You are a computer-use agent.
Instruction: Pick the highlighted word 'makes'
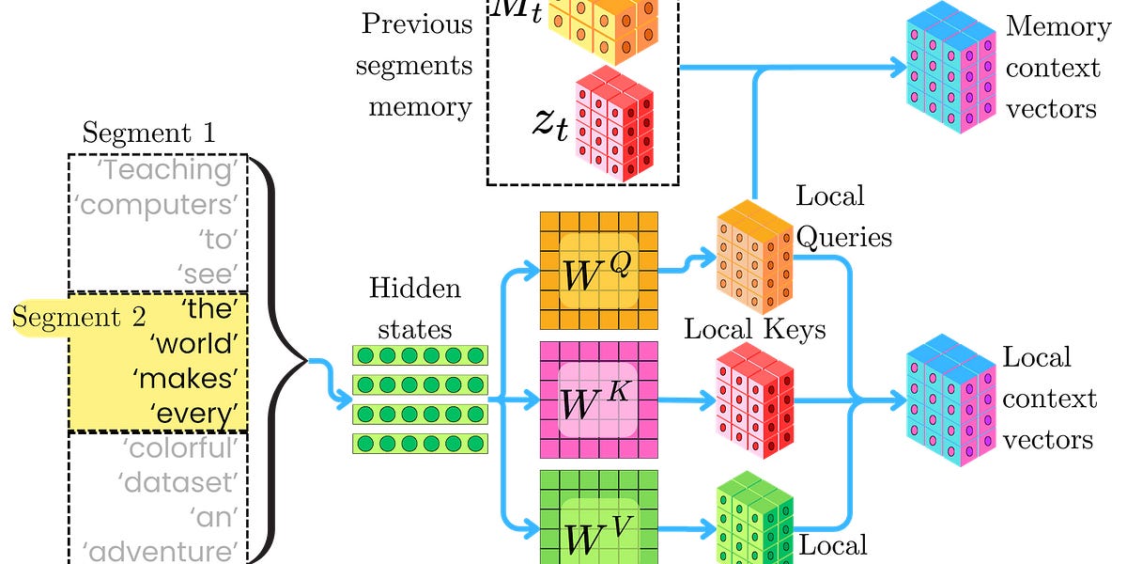(183, 378)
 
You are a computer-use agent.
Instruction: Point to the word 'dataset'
(175, 482)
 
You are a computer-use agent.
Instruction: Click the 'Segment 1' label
(149, 133)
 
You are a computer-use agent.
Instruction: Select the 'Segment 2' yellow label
(67, 318)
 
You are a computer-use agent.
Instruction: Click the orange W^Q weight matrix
(597, 271)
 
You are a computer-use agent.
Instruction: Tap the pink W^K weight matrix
(597, 400)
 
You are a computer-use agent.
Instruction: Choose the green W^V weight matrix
(597, 522)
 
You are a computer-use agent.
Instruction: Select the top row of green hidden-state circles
(420, 355)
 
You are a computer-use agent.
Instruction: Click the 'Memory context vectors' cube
(949, 70)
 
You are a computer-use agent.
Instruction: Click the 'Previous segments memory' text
(419, 66)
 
